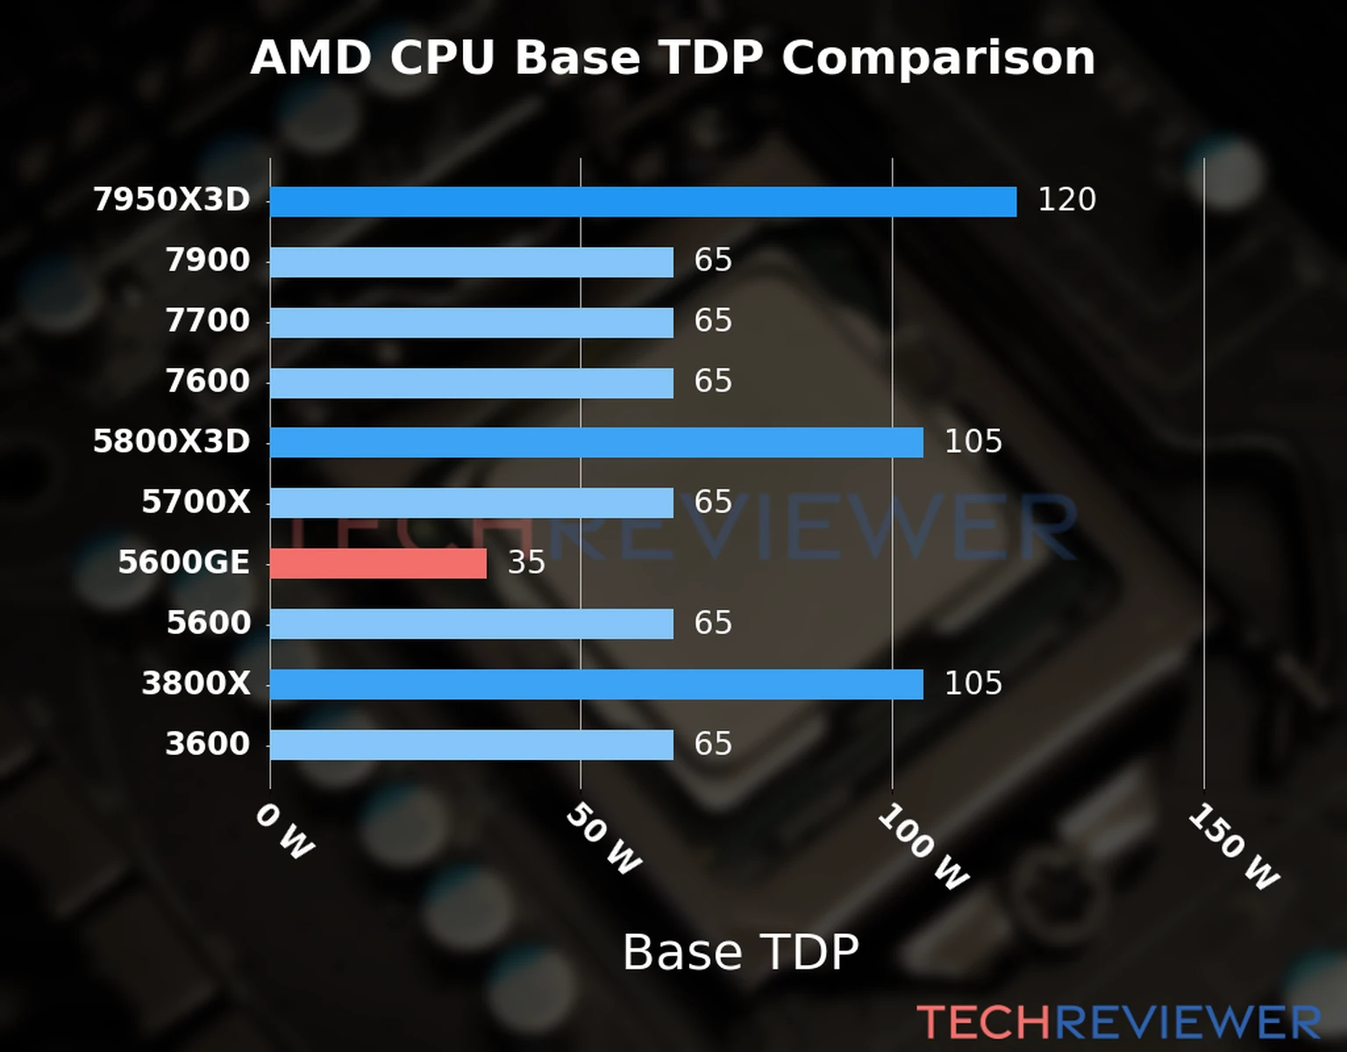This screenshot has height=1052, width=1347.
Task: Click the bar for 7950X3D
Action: pyautogui.click(x=643, y=202)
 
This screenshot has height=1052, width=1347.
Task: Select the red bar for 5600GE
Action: pyautogui.click(x=378, y=564)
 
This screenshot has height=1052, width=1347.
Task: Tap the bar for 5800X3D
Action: pyautogui.click(x=596, y=443)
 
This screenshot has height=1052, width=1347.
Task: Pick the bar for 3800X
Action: pyautogui.click(x=596, y=685)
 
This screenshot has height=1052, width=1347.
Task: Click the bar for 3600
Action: pyautogui.click(x=471, y=745)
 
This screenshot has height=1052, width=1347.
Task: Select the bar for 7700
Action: pyautogui.click(x=471, y=323)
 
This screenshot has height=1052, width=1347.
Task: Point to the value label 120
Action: pyautogui.click(x=1066, y=200)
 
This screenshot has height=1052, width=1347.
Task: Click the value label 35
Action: pyautogui.click(x=526, y=563)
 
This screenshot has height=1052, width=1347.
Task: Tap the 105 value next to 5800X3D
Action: pyautogui.click(x=973, y=442)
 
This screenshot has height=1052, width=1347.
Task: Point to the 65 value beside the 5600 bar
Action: pyautogui.click(x=712, y=623)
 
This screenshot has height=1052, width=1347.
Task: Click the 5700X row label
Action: pyautogui.click(x=196, y=502)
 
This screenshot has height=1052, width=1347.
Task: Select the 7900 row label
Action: pyautogui.click(x=208, y=260)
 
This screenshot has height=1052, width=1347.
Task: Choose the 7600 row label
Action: pyautogui.click(x=208, y=381)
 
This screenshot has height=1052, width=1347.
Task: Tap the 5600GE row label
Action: pyautogui.click(x=184, y=563)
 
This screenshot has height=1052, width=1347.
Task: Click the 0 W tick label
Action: pyautogui.click(x=284, y=832)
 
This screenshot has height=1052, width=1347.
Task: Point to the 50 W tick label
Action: pyautogui.click(x=603, y=840)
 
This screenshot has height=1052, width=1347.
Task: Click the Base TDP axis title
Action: pyautogui.click(x=740, y=952)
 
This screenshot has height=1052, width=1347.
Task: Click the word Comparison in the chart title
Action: pyautogui.click(x=938, y=59)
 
